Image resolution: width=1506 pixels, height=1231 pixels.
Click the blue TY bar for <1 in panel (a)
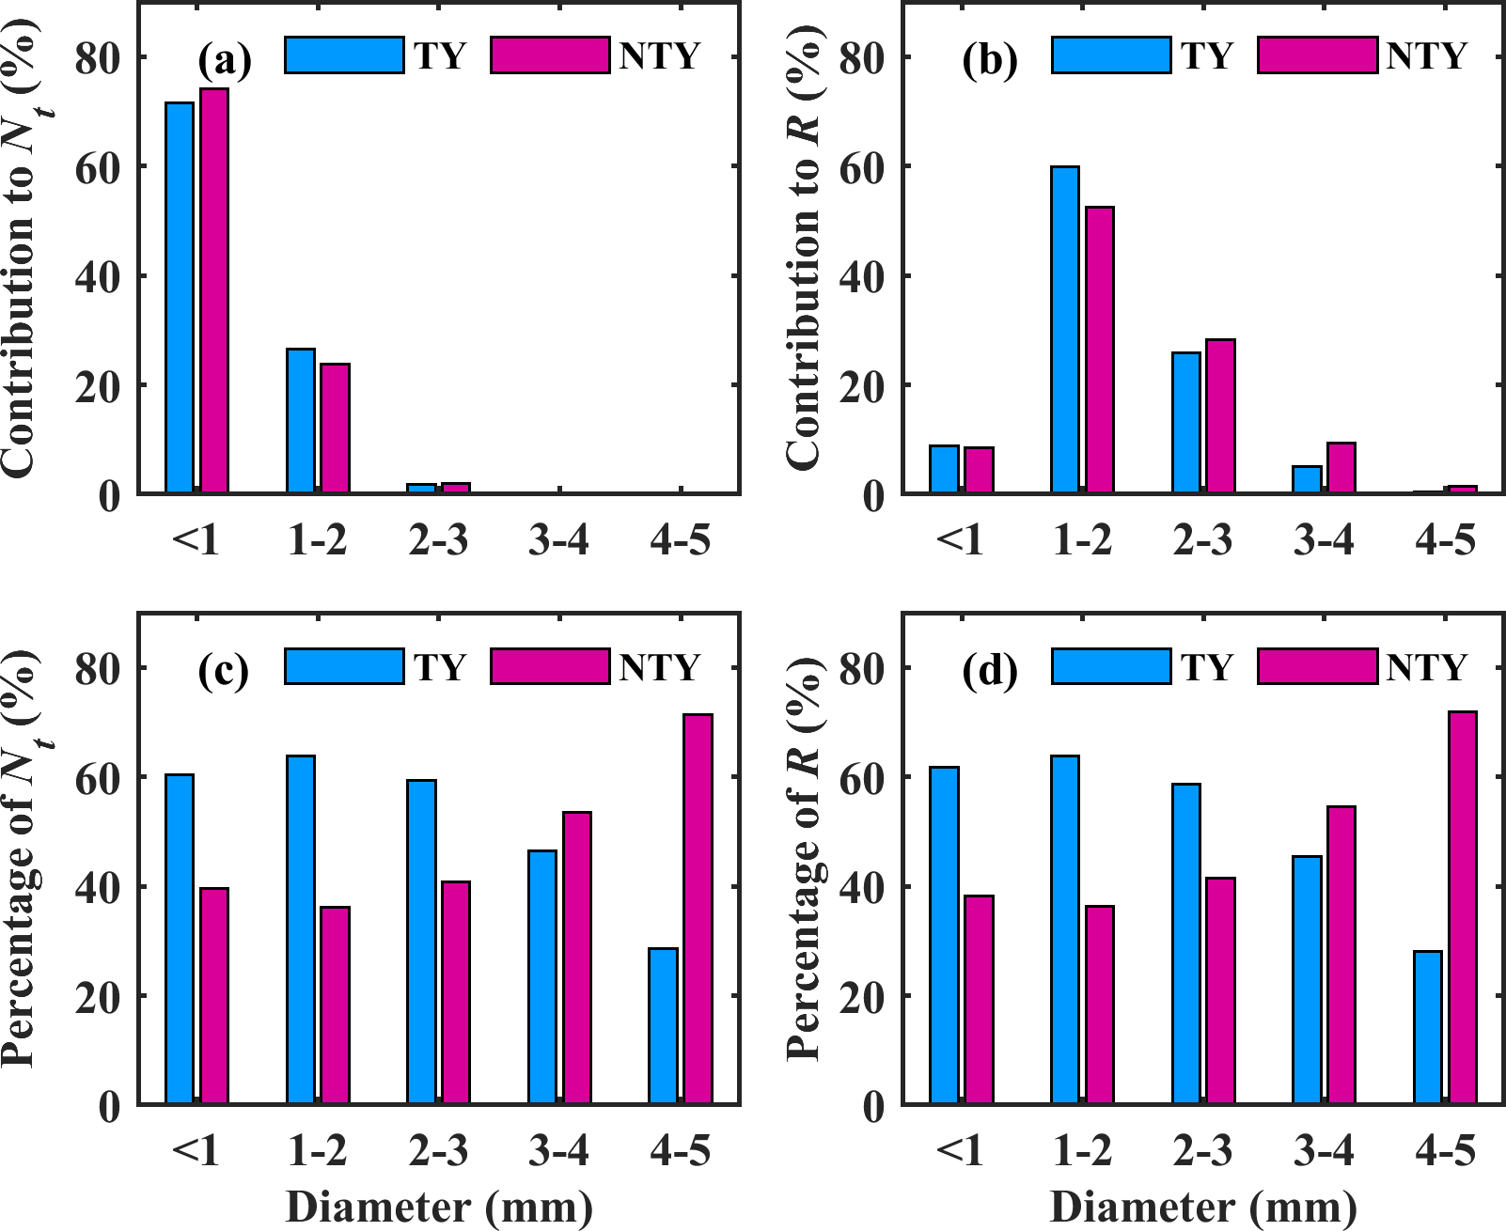click(180, 298)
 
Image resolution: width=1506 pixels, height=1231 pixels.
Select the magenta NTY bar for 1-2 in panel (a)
click(335, 429)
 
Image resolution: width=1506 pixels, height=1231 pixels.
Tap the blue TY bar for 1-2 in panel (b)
click(1065, 330)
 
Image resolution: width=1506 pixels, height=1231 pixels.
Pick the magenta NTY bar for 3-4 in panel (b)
click(1341, 468)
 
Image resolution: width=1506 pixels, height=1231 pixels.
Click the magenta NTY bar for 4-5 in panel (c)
click(698, 909)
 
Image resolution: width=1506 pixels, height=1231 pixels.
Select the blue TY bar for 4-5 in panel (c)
click(663, 1026)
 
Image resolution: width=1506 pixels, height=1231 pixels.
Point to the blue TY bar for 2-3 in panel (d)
click(1186, 943)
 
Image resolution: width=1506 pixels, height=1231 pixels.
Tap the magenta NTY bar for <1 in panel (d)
click(979, 1000)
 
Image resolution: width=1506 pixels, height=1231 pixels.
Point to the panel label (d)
click(990, 670)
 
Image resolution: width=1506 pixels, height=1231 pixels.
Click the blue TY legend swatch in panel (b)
click(1111, 55)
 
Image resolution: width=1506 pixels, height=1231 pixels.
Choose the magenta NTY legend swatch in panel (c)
click(550, 666)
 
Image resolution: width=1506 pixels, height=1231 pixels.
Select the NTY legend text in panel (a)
click(660, 56)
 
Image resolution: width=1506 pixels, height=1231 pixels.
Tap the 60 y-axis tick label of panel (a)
click(98, 168)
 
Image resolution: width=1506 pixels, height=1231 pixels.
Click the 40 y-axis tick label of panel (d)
click(862, 887)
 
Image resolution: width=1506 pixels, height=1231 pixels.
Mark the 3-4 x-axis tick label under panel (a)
click(559, 540)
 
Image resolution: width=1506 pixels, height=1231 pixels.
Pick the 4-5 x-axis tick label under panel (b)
click(1445, 540)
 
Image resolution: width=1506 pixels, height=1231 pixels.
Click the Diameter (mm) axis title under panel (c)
click(439, 1208)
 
